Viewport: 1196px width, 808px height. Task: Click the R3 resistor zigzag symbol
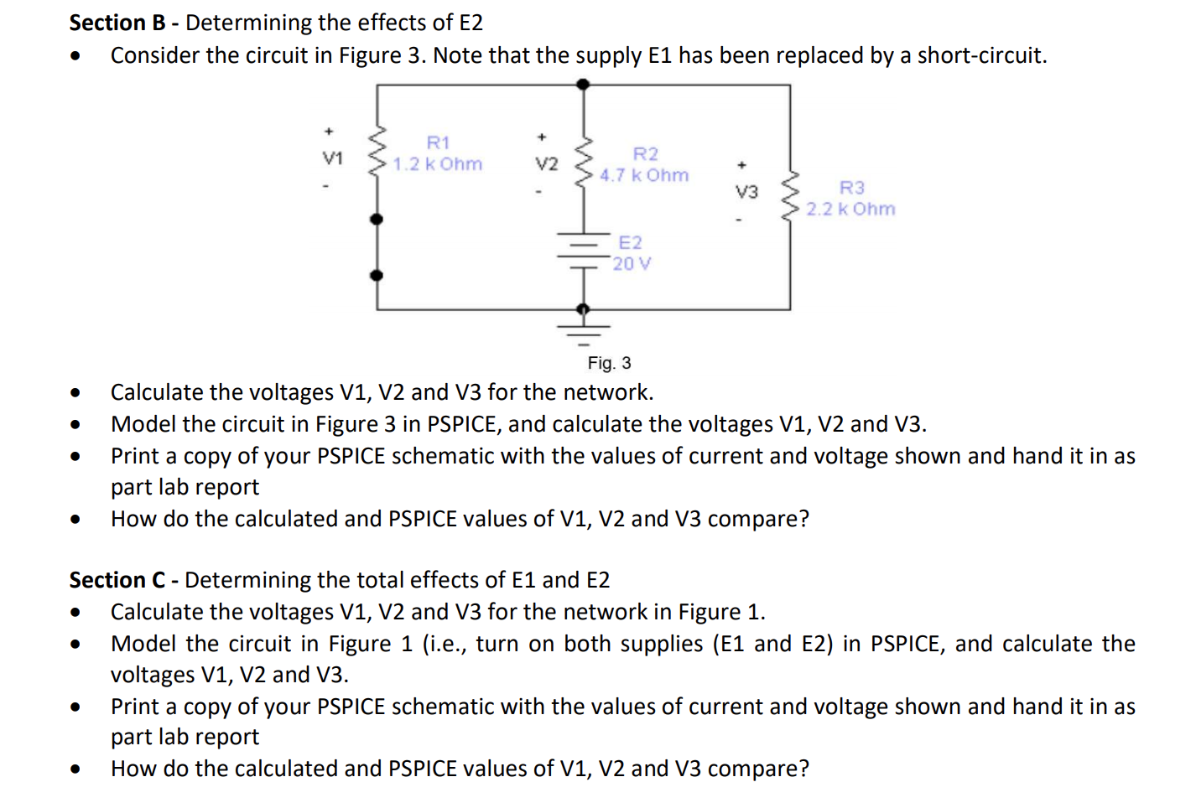789,197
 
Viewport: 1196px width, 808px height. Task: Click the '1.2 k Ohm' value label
438,164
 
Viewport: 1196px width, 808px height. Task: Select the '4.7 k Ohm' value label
644,176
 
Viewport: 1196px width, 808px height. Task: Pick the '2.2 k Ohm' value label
850,210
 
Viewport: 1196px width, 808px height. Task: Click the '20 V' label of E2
632,264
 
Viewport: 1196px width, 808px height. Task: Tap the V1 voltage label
333,158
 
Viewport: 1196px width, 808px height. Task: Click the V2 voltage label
547,164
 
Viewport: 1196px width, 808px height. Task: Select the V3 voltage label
746,192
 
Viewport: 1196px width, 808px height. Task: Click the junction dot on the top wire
584,84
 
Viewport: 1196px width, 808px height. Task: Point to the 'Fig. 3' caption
609,363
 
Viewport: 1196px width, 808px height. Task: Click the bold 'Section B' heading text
117,23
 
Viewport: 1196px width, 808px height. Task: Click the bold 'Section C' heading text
117,580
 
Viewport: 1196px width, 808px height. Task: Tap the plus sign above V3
741,165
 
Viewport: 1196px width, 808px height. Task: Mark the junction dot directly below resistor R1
377,220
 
